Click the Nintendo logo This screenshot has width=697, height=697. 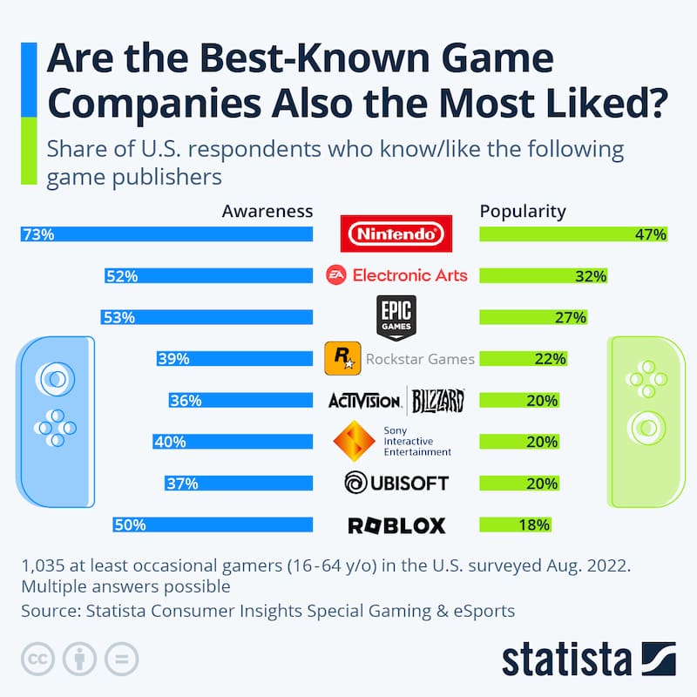[x=396, y=233]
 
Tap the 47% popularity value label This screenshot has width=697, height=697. [x=650, y=234]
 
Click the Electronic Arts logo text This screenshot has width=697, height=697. [x=409, y=275]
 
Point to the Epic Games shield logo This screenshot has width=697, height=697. [x=396, y=316]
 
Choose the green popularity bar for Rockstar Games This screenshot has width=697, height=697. [x=524, y=358]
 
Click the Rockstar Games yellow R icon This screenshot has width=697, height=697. [x=342, y=358]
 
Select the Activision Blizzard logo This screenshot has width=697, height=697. [x=396, y=401]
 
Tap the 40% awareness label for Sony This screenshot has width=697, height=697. [x=169, y=442]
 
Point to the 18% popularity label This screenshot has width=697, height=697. [x=534, y=524]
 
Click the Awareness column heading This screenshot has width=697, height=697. [x=267, y=211]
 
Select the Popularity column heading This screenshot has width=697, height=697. [x=523, y=211]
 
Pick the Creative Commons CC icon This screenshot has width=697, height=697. [x=37, y=658]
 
